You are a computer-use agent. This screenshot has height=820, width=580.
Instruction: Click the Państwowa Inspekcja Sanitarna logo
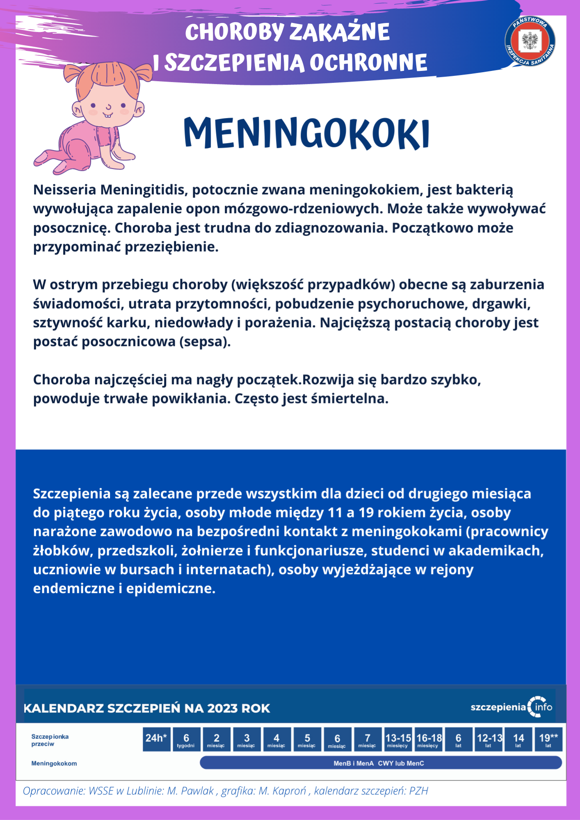click(x=530, y=41)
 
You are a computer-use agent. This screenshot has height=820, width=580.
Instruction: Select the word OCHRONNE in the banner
click(x=368, y=63)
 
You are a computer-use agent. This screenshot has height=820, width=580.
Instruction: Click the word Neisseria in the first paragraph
click(x=65, y=190)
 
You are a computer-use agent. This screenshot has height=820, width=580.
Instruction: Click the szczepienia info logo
click(x=511, y=707)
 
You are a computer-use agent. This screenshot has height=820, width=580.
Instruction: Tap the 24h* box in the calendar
click(x=156, y=739)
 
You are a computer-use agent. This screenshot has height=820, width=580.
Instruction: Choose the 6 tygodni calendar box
click(x=186, y=739)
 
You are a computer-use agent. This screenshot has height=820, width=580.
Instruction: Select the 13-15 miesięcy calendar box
click(x=398, y=739)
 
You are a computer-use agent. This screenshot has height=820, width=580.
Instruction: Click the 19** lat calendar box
click(x=548, y=739)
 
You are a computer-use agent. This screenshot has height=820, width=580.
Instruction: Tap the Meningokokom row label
click(x=54, y=763)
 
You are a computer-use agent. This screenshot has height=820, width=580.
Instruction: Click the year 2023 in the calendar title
click(x=222, y=708)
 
